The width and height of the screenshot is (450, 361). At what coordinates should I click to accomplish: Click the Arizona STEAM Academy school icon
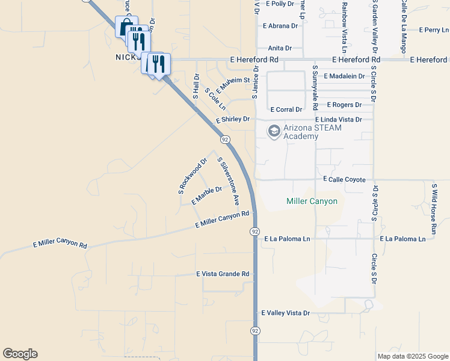pyautogui.click(x=274, y=131)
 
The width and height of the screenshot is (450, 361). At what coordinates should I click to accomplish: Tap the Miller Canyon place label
pyautogui.click(x=312, y=201)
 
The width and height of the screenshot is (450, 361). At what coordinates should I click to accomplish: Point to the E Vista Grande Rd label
pyautogui.click(x=223, y=274)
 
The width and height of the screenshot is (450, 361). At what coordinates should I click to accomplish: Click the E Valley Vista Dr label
pyautogui.click(x=285, y=313)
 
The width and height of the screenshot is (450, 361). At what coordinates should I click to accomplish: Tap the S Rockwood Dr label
pyautogui.click(x=193, y=176)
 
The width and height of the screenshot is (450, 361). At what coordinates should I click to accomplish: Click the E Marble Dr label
pyautogui.click(x=206, y=195)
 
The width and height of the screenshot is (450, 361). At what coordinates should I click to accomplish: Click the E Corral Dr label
pyautogui.click(x=286, y=110)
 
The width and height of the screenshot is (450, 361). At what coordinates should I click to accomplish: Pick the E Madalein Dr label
pyautogui.click(x=344, y=76)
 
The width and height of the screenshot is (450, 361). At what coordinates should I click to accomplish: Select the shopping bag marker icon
pyautogui.click(x=126, y=27)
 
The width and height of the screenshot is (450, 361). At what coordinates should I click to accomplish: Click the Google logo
pyautogui.click(x=20, y=354)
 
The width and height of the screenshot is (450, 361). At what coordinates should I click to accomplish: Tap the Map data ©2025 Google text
pyautogui.click(x=413, y=356)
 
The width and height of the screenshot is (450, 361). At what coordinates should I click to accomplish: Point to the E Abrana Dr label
pyautogui.click(x=280, y=26)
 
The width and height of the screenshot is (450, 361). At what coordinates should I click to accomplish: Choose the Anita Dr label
pyautogui.click(x=280, y=48)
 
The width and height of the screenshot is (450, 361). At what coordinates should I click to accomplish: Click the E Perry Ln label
pyautogui.click(x=434, y=29)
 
